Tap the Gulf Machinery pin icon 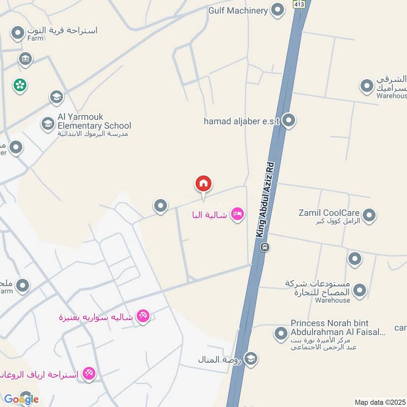pyautogui.click(x=277, y=10)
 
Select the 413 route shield pyautogui.click(x=298, y=4)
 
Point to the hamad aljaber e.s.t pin pyautogui.click(x=289, y=121)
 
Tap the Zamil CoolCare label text pyautogui.click(x=330, y=213)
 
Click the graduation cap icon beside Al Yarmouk pyautogui.click(x=48, y=124)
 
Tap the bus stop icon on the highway pyautogui.click(x=265, y=247)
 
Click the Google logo pyautogui.click(x=21, y=399)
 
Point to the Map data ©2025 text pyautogui.click(x=380, y=402)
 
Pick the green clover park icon pyautogui.click(x=20, y=85)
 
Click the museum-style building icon pyautogui.click(x=25, y=60)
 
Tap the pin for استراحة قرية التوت pyautogui.click(x=18, y=34)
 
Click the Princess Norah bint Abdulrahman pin pyautogui.click(x=281, y=334)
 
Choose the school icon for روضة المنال pyautogui.click(x=250, y=359)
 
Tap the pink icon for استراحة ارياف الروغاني pyautogui.click(x=89, y=374)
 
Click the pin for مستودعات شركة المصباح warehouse pyautogui.click(x=360, y=290)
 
